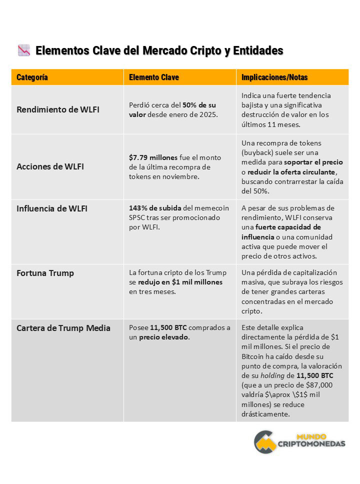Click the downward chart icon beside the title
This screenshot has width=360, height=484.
point(24,50)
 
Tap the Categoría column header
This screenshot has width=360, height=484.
point(32,77)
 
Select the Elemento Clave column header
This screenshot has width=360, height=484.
point(153,77)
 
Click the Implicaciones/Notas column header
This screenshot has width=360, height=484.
point(274,77)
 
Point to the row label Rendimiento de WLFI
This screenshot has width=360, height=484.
point(58,109)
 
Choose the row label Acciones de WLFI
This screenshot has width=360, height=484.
point(50,166)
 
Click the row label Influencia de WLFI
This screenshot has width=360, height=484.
point(52,208)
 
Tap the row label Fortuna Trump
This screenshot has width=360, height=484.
point(45,273)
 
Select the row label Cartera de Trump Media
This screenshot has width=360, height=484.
point(63,328)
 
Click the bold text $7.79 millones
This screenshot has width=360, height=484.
point(153,157)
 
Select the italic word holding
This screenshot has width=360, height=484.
point(274,375)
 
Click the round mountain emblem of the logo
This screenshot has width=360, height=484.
point(265,441)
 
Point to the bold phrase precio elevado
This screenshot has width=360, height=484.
point(164,337)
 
